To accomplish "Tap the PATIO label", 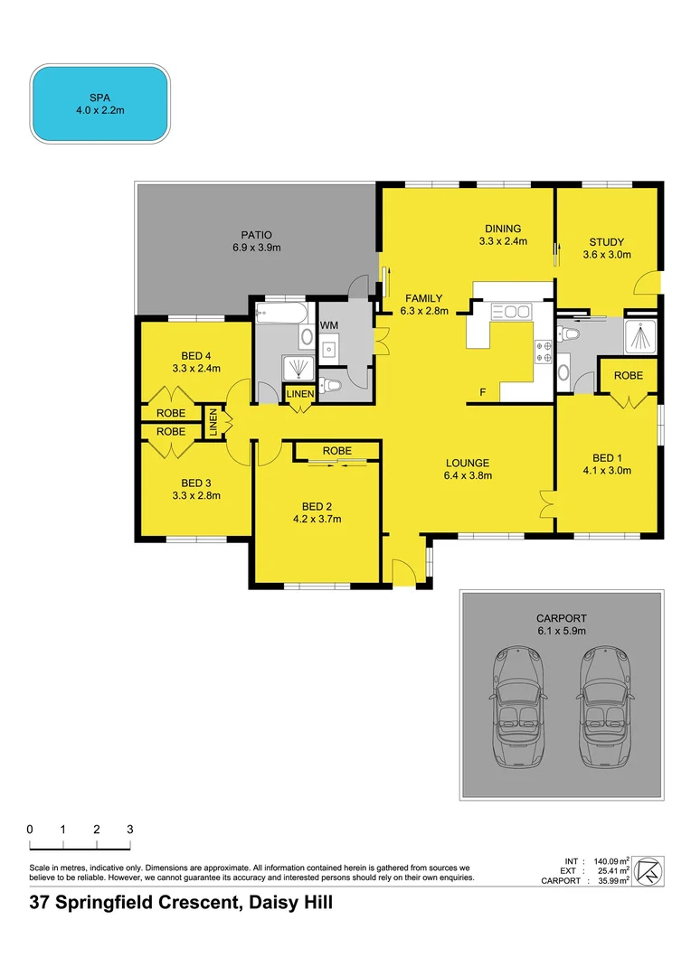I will (255, 234).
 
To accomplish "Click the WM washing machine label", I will (329, 324).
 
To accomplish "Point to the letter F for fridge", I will (483, 392).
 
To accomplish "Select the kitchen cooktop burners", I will (544, 351).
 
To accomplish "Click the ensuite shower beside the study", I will (641, 335).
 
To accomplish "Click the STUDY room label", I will (606, 241).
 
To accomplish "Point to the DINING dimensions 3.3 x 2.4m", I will (503, 241).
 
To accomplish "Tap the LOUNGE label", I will (467, 463).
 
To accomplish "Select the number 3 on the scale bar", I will (129, 829).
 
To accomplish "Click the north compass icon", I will (650, 869).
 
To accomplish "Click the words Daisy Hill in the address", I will (286, 902).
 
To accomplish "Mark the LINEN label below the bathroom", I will (299, 394).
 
